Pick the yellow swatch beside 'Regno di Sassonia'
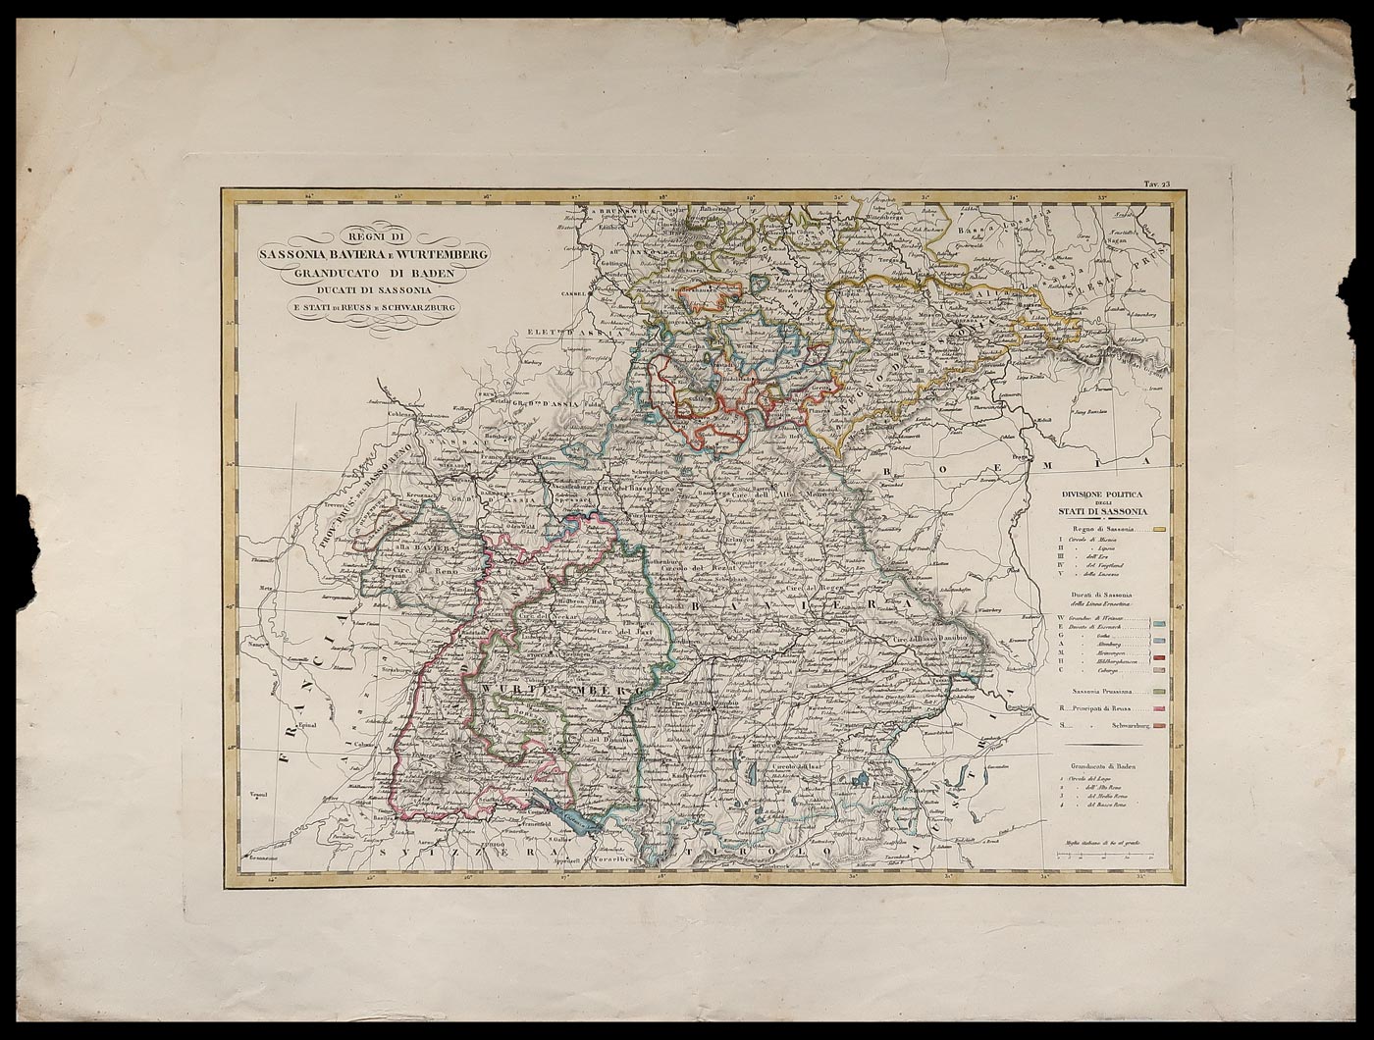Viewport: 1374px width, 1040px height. click(x=1159, y=530)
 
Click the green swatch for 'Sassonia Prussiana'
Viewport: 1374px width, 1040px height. click(x=1159, y=692)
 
